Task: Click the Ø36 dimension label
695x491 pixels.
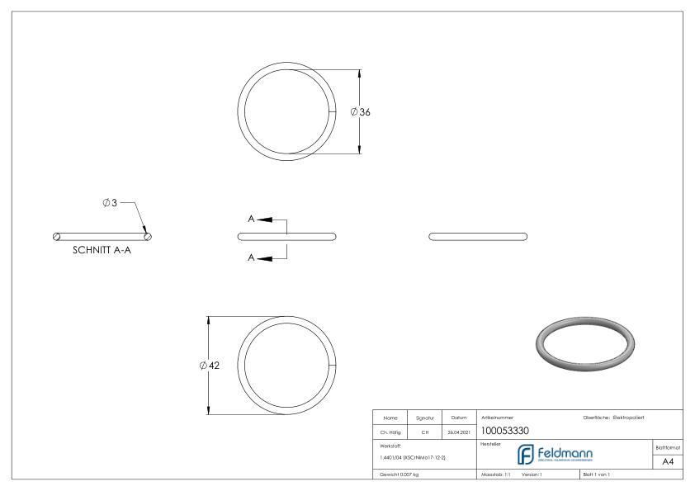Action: click(x=361, y=112)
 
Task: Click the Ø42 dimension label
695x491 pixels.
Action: click(x=210, y=366)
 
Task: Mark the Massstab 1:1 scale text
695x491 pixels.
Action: click(x=497, y=475)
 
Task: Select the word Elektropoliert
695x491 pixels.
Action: click(x=631, y=415)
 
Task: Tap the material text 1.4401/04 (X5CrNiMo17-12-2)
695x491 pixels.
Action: click(x=413, y=457)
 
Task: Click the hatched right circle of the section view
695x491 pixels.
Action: click(x=148, y=237)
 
